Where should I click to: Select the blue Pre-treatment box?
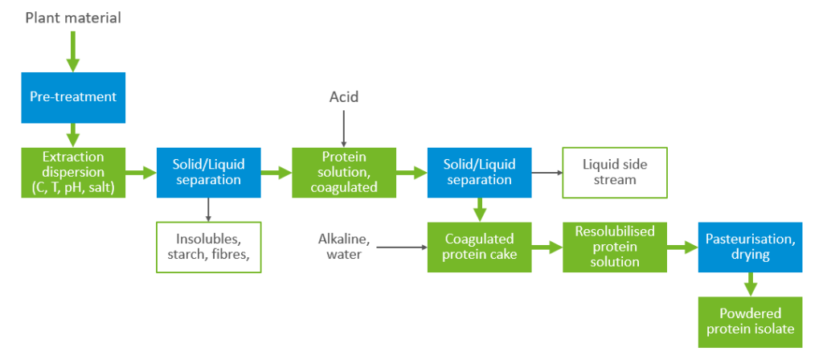click(x=73, y=96)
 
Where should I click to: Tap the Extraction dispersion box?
click(x=73, y=172)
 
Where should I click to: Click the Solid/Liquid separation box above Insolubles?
click(x=208, y=172)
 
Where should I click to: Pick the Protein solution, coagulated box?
click(x=344, y=172)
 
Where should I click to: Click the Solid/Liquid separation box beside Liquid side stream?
click(x=479, y=172)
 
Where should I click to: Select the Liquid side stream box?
click(x=614, y=172)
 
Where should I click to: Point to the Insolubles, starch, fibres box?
click(x=208, y=247)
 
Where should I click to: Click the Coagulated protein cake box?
click(x=479, y=247)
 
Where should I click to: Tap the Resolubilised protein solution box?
click(x=614, y=247)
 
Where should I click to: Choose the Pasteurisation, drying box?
click(x=750, y=247)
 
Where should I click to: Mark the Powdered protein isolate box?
click(x=750, y=321)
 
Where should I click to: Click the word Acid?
click(x=344, y=97)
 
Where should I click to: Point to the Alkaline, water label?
click(x=344, y=247)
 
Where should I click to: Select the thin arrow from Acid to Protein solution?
click(x=344, y=129)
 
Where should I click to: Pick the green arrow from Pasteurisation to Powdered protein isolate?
click(x=750, y=284)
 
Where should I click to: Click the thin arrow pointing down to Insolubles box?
click(x=208, y=209)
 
